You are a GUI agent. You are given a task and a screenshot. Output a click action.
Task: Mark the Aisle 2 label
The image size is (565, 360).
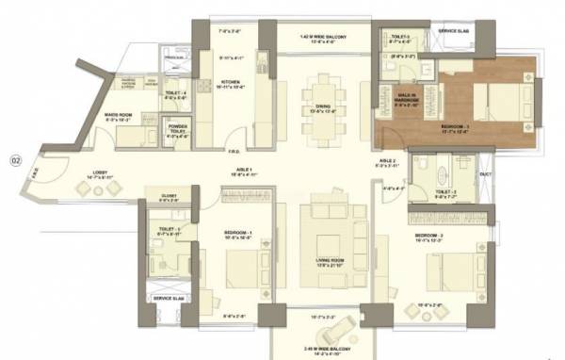point(386,162)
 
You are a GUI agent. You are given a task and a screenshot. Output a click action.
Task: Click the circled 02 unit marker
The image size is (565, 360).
point(15,158)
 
